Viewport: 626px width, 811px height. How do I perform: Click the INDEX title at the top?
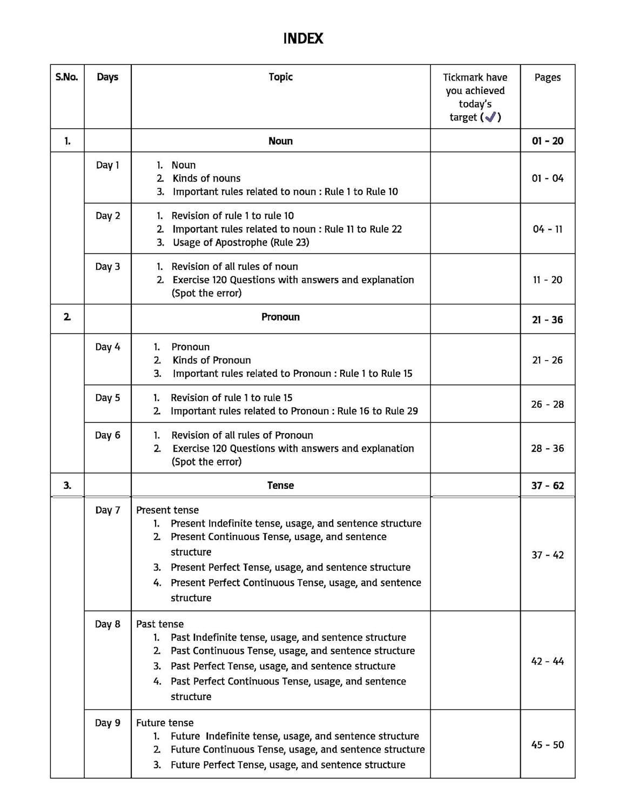click(x=303, y=39)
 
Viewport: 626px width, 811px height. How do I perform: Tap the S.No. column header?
click(x=67, y=77)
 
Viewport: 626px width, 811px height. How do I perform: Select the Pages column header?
click(x=547, y=77)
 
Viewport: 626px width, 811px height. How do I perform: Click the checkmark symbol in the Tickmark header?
click(x=490, y=117)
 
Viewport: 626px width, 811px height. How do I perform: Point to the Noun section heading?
click(x=280, y=141)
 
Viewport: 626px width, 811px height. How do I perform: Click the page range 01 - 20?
click(x=547, y=141)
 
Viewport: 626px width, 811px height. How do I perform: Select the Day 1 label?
click(x=107, y=165)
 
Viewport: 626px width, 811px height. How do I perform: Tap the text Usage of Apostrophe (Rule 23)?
click(x=241, y=242)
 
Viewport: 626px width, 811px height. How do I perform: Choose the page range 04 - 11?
click(x=547, y=229)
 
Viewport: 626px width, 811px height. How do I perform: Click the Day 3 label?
click(x=107, y=267)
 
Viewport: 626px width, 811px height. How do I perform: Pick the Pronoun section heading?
click(x=280, y=317)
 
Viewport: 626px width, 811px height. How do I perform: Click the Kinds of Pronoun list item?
click(x=211, y=360)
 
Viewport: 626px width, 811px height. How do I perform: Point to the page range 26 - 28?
click(x=547, y=404)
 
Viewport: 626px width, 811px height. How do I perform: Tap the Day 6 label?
click(x=107, y=435)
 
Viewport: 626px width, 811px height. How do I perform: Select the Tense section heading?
click(x=280, y=486)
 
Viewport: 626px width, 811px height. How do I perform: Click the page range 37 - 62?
click(x=547, y=486)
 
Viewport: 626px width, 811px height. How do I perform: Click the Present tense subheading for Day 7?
click(x=167, y=510)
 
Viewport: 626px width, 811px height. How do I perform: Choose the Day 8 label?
click(x=107, y=624)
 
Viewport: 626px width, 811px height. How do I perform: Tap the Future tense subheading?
click(x=165, y=723)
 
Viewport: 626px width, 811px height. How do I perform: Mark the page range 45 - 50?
click(x=547, y=744)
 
